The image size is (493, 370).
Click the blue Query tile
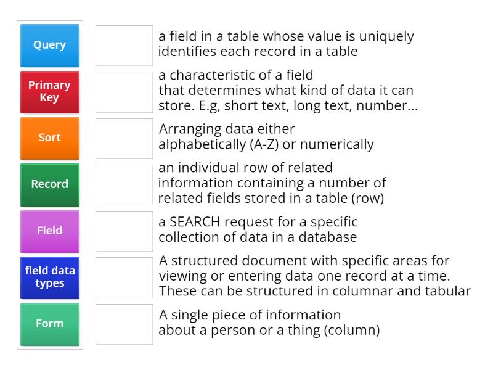coord(50,46)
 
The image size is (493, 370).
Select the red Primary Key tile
coord(50,92)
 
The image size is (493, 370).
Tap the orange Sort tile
coord(50,138)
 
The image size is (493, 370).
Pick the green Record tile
coord(50,184)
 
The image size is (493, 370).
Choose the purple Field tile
coord(50,231)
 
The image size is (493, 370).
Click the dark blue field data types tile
coord(50,277)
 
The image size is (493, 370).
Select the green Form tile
coord(50,324)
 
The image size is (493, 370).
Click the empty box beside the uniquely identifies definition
coord(124,46)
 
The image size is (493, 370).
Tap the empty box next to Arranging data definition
coord(124,139)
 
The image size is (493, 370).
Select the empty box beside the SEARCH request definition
coord(124,231)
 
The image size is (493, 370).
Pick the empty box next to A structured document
coord(124,278)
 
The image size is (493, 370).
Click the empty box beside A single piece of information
coord(124,324)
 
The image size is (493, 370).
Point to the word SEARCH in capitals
coord(195,222)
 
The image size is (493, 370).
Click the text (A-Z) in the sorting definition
coord(264,144)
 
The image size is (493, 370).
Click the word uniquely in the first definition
coord(386,37)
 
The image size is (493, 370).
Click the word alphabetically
coord(203,144)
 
